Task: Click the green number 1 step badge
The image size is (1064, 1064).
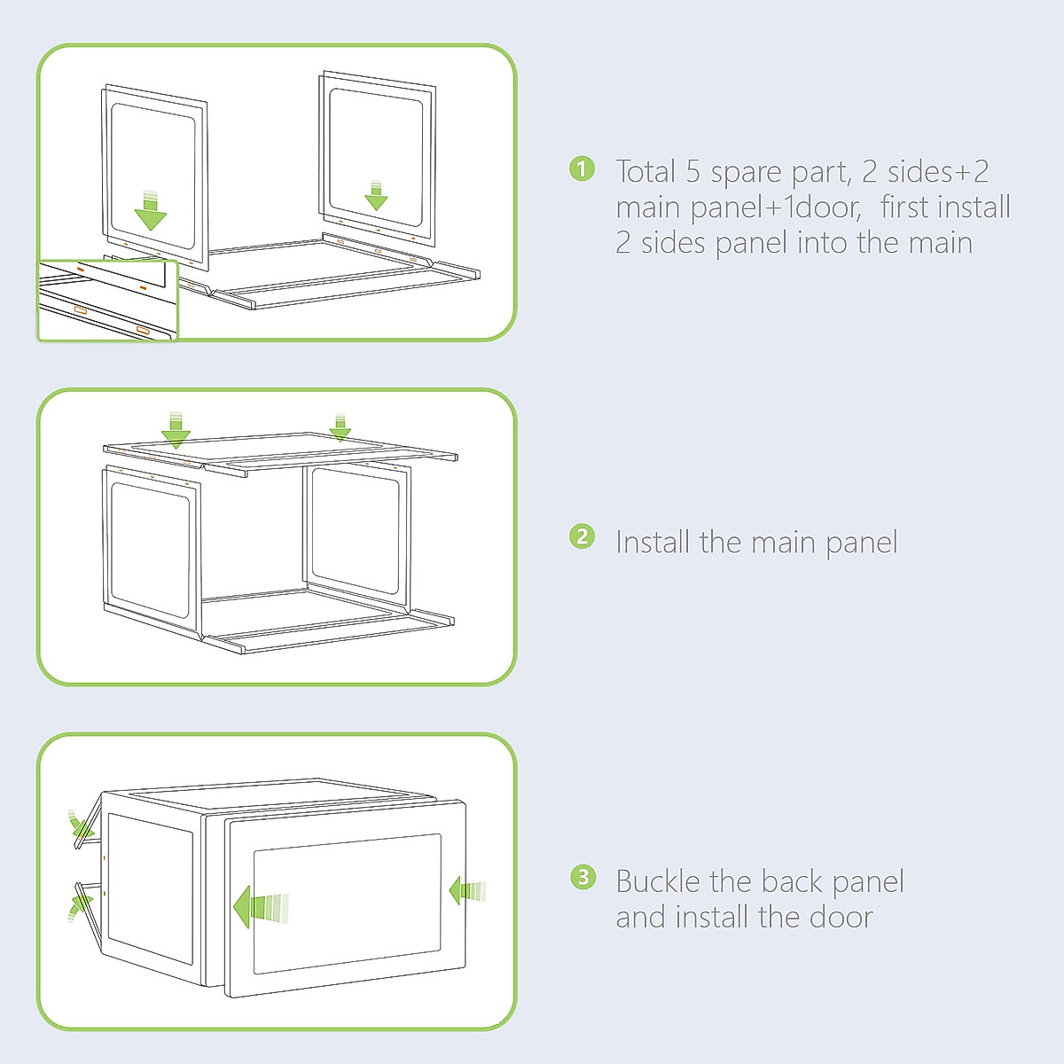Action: point(582,169)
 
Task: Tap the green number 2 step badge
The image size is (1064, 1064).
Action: point(582,536)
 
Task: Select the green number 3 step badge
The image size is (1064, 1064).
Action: point(583,877)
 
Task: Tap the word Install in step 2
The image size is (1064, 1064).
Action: point(653,542)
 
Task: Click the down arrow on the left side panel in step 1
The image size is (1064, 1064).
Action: point(150,211)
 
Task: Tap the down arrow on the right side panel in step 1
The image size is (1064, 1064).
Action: point(376,195)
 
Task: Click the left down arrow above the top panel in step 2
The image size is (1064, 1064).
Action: point(176,429)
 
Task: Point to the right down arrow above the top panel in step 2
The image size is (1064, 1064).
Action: point(340,427)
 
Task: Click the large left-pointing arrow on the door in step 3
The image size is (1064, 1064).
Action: point(261,907)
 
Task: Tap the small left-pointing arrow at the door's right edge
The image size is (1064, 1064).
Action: point(467,891)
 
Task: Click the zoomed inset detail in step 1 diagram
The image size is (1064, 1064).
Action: point(108,301)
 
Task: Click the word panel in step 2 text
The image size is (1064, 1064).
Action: point(861,544)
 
